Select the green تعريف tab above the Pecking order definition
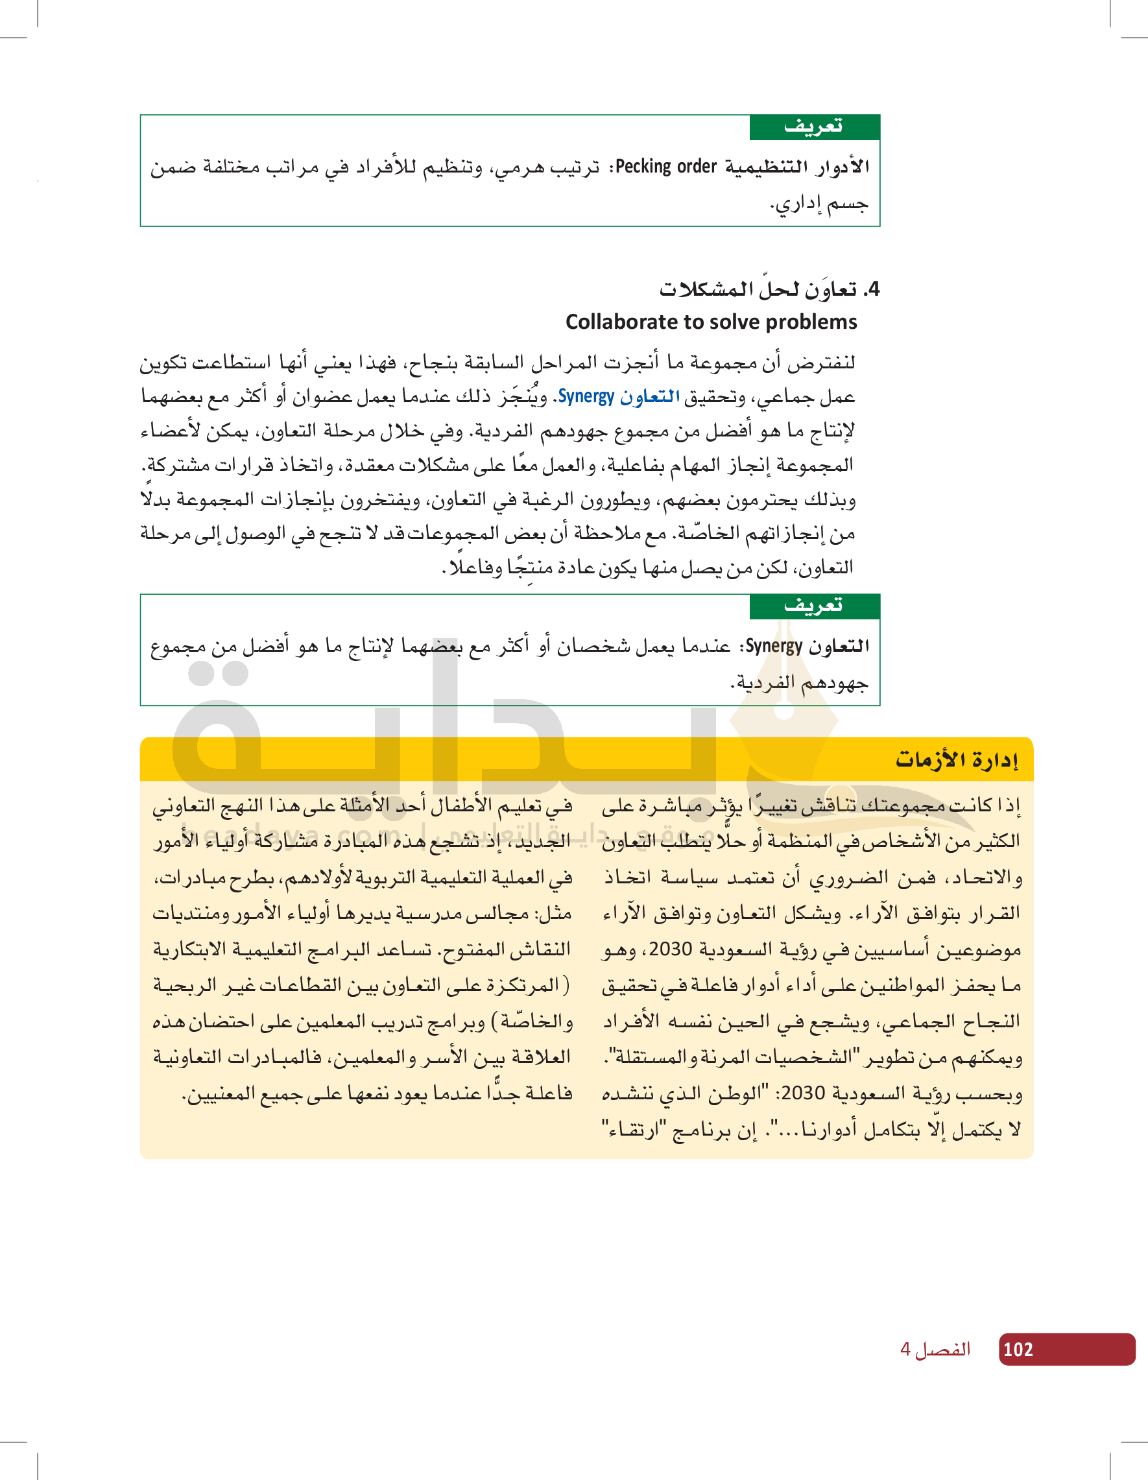pos(814,126)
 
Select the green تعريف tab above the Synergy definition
pos(814,606)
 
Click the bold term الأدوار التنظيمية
pos(798,167)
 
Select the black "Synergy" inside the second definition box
pos(774,647)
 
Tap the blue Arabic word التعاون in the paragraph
pos(650,397)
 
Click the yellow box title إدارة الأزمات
pos(957,759)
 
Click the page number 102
pos(1018,1349)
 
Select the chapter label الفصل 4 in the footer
pos(935,1349)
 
